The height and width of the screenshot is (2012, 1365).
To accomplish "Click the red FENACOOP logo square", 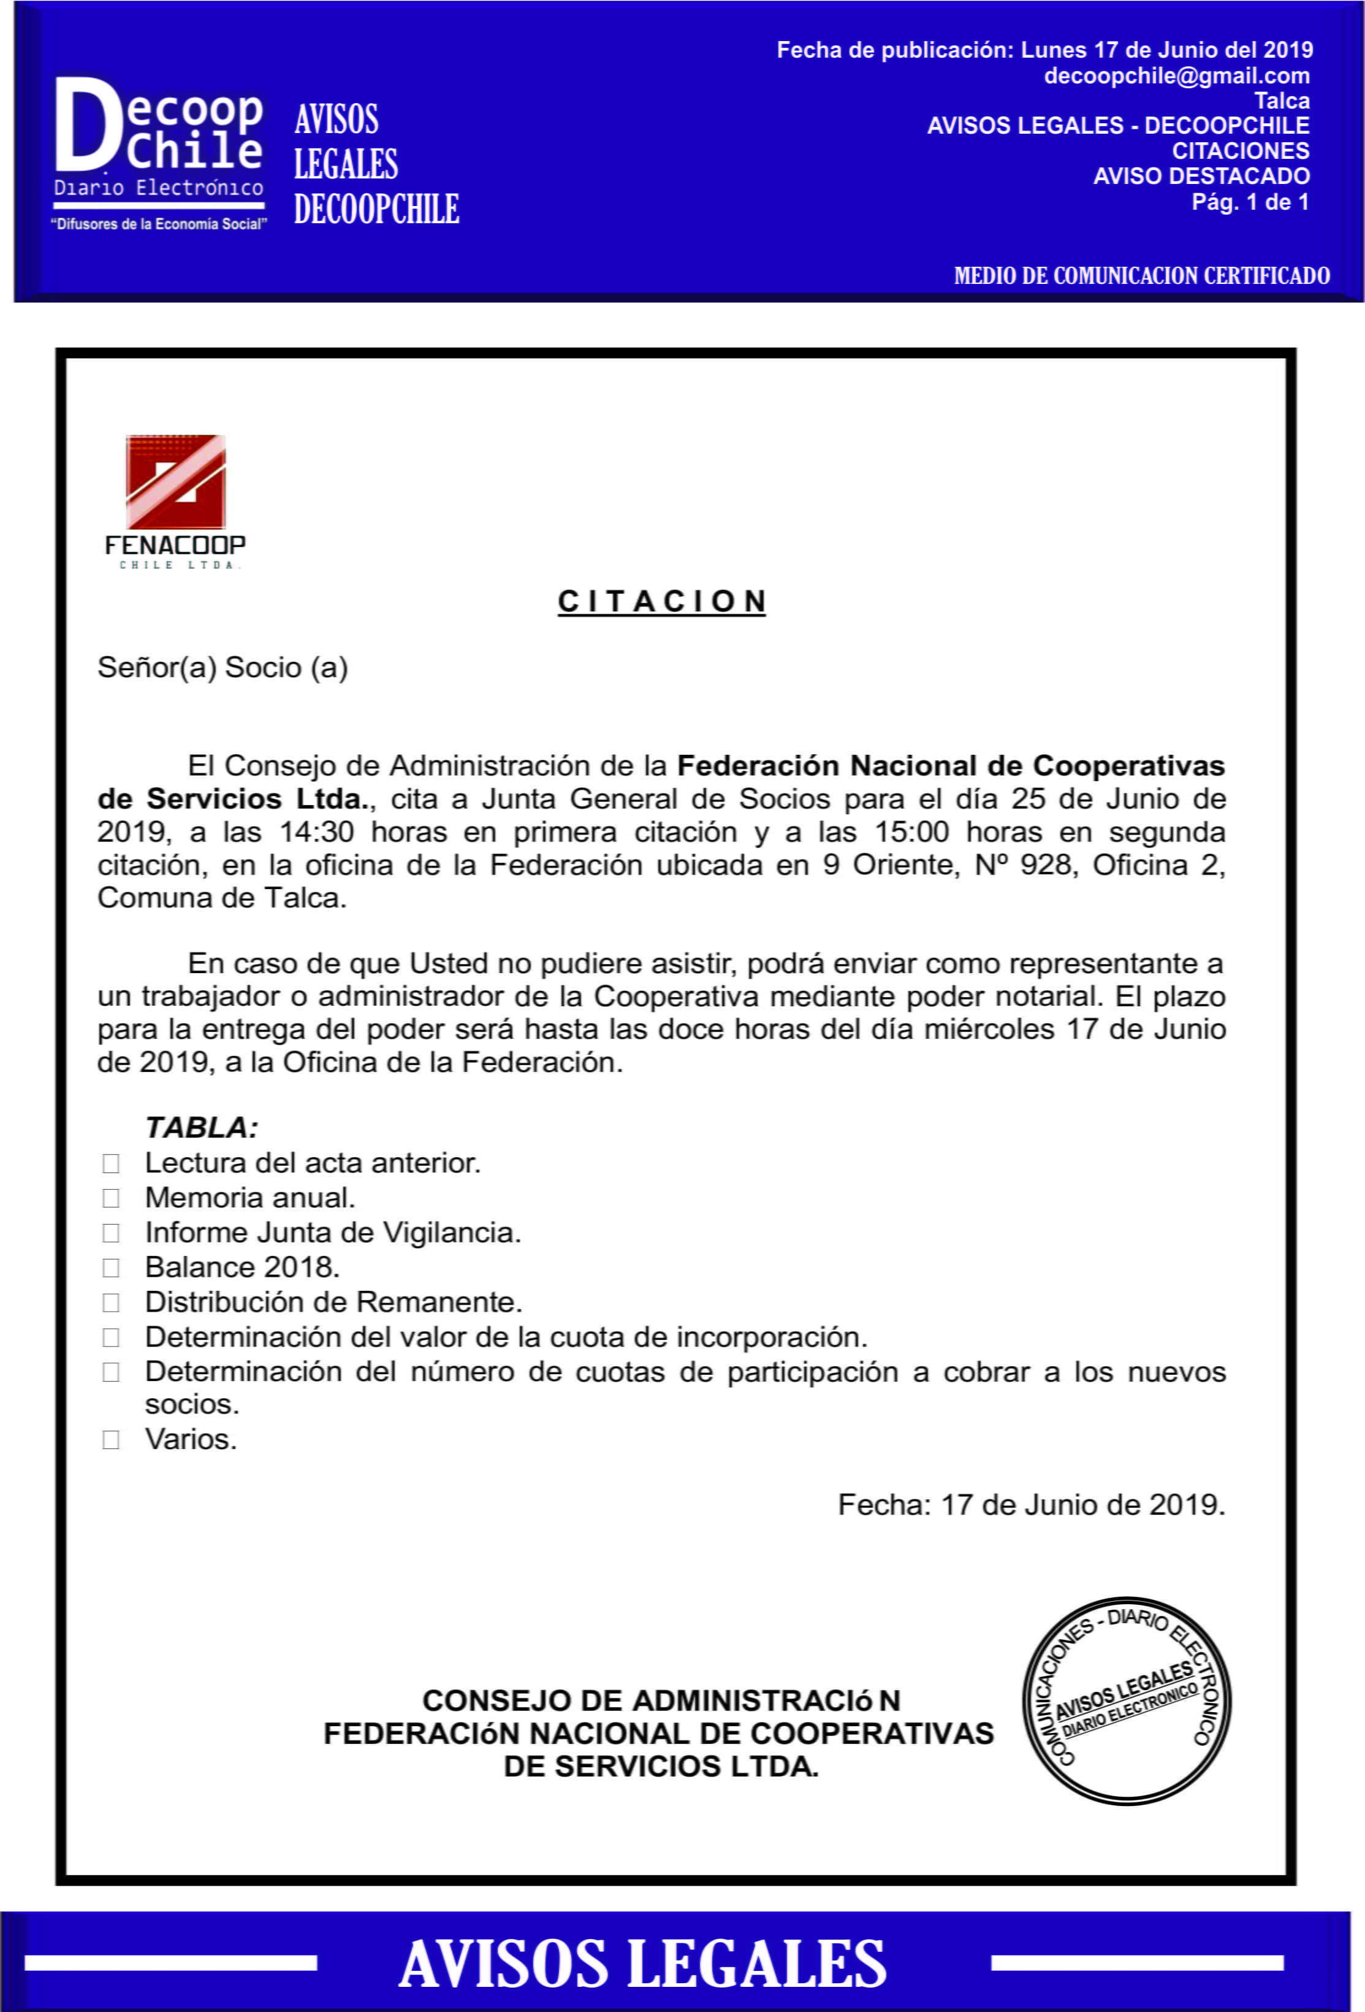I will tap(176, 481).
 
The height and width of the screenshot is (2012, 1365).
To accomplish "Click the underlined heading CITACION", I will tap(661, 601).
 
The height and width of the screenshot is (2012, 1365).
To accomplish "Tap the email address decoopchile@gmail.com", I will tap(1176, 76).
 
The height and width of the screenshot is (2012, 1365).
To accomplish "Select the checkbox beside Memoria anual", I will tap(111, 1198).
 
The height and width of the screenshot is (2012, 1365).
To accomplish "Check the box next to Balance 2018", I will tap(111, 1268).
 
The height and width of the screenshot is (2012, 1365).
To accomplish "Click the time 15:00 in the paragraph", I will tap(911, 832).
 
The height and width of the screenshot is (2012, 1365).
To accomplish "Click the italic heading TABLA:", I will tap(202, 1127).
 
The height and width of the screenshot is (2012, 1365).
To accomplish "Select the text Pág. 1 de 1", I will tap(1250, 202).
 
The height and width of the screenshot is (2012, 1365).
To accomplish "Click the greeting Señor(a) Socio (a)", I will tap(222, 667).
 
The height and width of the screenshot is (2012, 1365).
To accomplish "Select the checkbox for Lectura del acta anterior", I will tap(111, 1163).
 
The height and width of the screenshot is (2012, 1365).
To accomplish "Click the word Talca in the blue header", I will tap(1282, 101).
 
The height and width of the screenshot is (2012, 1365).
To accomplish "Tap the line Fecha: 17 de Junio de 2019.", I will tap(1031, 1505).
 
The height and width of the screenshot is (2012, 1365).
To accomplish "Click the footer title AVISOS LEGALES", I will tap(642, 1964).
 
